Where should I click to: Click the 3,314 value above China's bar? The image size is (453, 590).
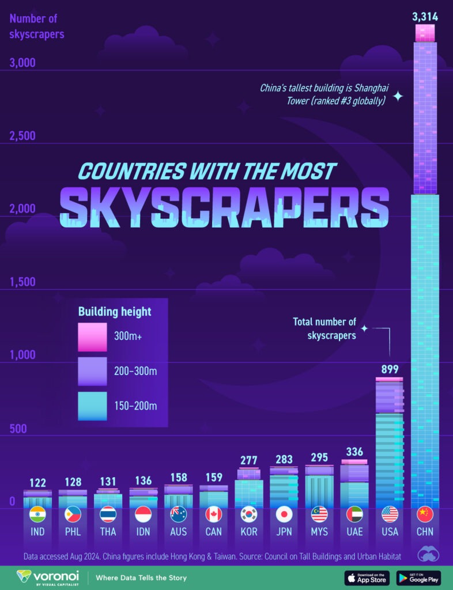pos(425,17)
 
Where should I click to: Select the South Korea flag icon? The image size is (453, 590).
pos(248,513)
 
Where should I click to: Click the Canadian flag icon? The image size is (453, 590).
pos(213,513)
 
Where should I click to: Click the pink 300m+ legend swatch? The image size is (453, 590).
pos(92,337)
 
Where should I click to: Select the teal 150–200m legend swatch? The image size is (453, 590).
pos(92,406)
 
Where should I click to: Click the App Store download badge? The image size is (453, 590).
pos(367,577)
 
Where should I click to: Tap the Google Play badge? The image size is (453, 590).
pos(418,577)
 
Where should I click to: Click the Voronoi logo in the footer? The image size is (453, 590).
pos(47,577)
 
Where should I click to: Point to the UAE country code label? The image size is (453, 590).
pos(354,531)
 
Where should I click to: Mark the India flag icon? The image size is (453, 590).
pos(37,513)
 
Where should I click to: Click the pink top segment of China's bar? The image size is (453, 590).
pos(425,33)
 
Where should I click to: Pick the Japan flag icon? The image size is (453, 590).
pos(284,513)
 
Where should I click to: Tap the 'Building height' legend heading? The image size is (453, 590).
pos(115,312)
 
